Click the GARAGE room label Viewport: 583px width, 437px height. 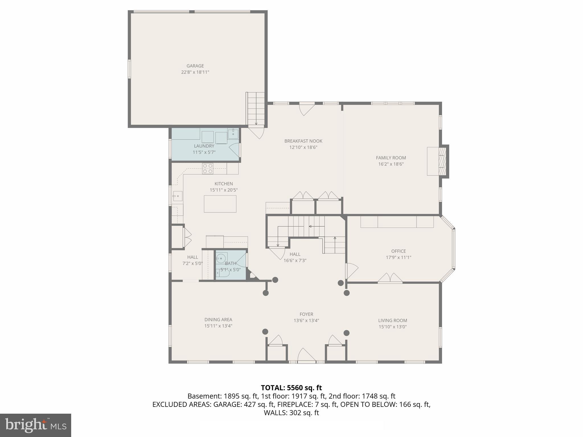[x=195, y=66]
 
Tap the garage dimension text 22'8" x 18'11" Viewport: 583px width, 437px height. [x=195, y=72]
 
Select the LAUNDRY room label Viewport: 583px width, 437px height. [x=204, y=146]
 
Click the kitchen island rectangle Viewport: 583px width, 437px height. [x=220, y=204]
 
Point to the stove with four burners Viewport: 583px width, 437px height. [x=208, y=168]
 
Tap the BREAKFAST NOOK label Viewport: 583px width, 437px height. [x=303, y=141]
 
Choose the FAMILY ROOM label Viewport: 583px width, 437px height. [x=391, y=158]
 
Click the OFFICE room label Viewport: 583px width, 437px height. [x=398, y=251]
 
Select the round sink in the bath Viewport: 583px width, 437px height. [x=221, y=259]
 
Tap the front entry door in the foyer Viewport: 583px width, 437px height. [x=306, y=356]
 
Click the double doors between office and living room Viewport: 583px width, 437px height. [x=390, y=278]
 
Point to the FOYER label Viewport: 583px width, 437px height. [x=306, y=314]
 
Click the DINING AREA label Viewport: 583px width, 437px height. [x=218, y=319]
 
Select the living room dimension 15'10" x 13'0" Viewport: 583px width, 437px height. [x=392, y=327]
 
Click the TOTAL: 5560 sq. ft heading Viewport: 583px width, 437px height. [x=291, y=388]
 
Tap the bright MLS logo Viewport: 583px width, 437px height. [x=35, y=425]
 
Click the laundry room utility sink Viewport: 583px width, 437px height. [x=233, y=133]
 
